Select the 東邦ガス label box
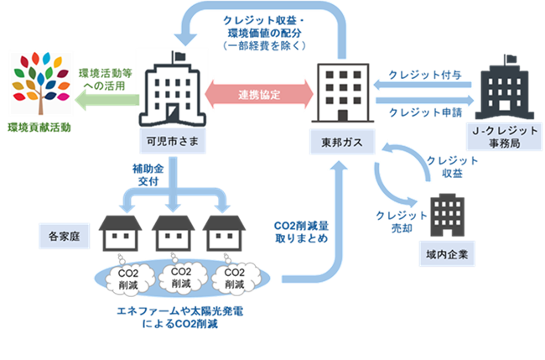click(x=338, y=138)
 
